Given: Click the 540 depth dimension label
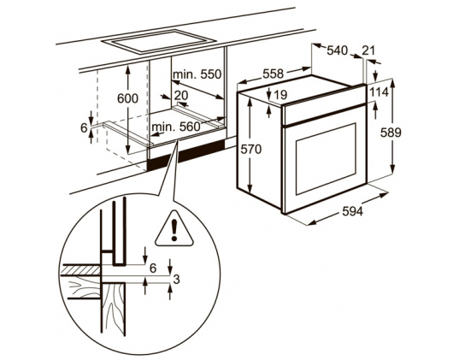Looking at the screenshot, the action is click(x=337, y=50).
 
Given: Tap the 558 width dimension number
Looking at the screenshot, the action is click(x=273, y=74).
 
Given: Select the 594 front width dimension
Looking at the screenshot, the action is click(x=353, y=211).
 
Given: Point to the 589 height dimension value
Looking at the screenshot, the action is click(x=391, y=133).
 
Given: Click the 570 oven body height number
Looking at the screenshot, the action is click(x=251, y=149).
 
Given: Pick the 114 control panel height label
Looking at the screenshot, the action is click(x=379, y=92).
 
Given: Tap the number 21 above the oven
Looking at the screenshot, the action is click(x=368, y=50).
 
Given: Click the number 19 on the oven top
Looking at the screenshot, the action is click(x=280, y=95).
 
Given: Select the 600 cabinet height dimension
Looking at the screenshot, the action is click(x=127, y=98).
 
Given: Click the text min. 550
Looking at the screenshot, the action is click(x=197, y=74).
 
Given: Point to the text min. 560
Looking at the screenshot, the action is click(x=176, y=127).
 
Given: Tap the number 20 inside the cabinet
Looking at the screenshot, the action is click(x=181, y=95).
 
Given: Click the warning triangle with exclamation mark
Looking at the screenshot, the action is click(x=174, y=228).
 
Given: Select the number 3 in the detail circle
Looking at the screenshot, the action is click(x=177, y=280).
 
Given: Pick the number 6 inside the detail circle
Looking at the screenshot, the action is click(x=153, y=268).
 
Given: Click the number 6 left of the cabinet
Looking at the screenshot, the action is click(x=84, y=128).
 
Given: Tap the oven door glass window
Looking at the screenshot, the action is click(x=326, y=159).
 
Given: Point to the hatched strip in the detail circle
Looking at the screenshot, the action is click(x=79, y=270).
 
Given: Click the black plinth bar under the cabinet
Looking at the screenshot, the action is click(x=186, y=155).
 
